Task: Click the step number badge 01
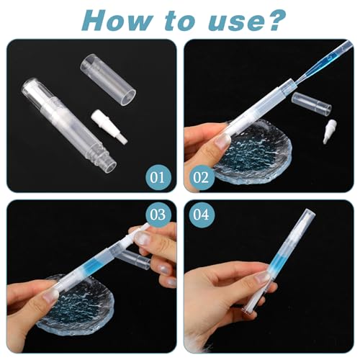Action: point(156,176)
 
